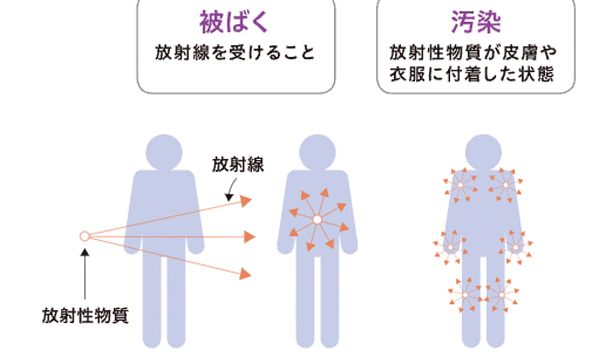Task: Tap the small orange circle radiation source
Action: coord(85,237)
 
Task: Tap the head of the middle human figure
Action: coord(316,153)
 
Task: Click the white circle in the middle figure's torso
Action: coord(316,219)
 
